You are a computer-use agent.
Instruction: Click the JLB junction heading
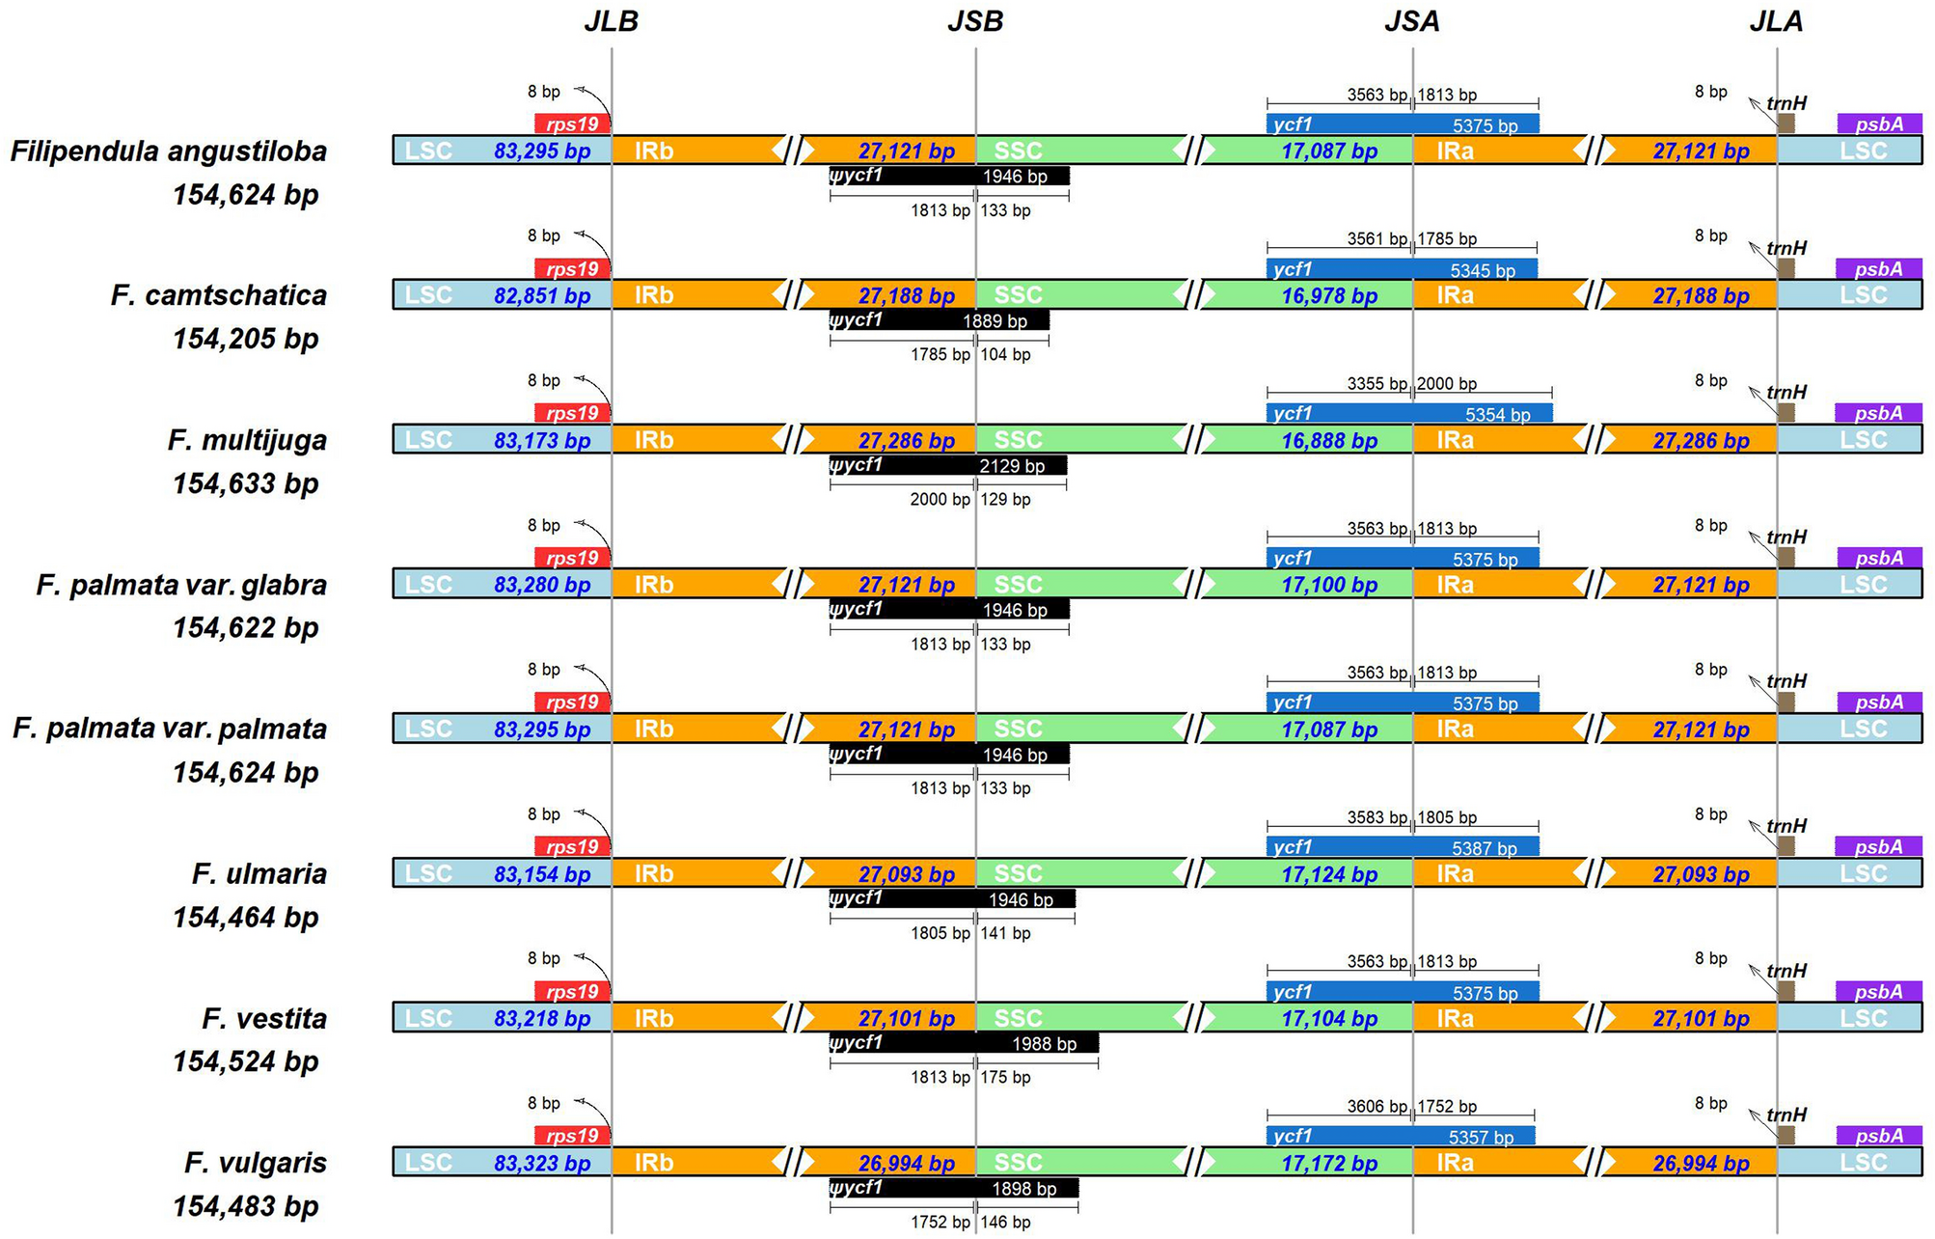click(x=611, y=21)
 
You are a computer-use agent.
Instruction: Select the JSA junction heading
click(x=1411, y=21)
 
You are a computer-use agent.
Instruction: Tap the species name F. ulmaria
click(x=259, y=873)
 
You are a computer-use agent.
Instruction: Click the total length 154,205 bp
click(x=245, y=339)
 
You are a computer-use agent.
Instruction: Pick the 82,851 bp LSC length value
click(x=542, y=295)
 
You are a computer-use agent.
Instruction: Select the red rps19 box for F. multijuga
click(x=572, y=413)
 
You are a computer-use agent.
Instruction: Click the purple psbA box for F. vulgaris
click(x=1878, y=1136)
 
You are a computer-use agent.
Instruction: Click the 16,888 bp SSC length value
click(x=1328, y=440)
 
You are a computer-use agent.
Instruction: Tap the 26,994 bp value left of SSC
click(x=906, y=1163)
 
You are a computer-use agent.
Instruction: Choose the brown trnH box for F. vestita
click(x=1785, y=991)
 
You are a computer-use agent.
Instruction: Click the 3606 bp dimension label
click(x=1376, y=1106)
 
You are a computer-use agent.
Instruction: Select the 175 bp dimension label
click(x=1005, y=1077)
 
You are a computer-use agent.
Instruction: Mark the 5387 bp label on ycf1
click(x=1484, y=848)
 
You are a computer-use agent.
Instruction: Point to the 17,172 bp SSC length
click(x=1328, y=1163)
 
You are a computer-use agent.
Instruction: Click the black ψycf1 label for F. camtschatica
click(x=856, y=318)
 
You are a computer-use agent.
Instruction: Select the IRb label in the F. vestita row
click(x=653, y=1018)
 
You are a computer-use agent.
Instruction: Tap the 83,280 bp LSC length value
click(x=542, y=585)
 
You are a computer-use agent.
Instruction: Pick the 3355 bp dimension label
click(x=1376, y=383)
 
